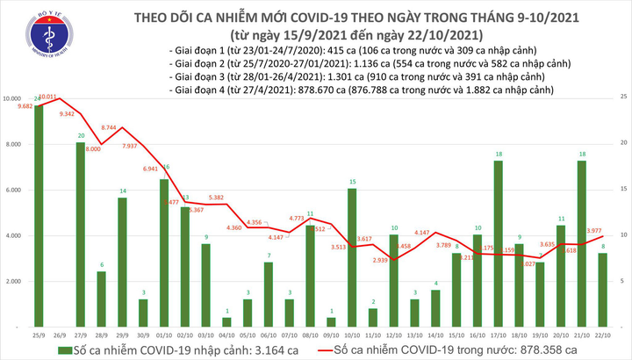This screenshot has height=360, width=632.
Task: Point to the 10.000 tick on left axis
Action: pyautogui.click(x=16, y=98)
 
